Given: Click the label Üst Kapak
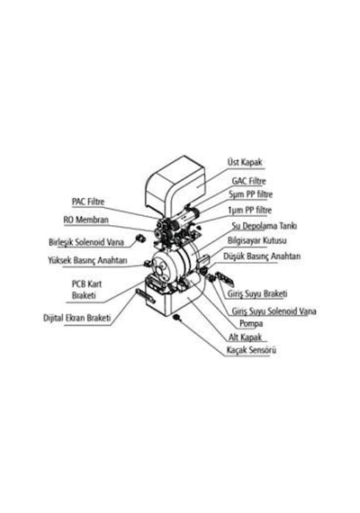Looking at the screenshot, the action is pos(245,162).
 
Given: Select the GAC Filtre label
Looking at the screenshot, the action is pos(248,181).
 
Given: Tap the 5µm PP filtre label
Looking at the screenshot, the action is pos(250,194).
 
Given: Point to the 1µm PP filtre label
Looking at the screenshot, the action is pos(249,210).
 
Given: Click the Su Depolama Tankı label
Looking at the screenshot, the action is pos(265,226).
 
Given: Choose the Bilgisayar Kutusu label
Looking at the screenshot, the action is pos(256,240).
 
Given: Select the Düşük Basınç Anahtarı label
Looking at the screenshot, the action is pos(262,256).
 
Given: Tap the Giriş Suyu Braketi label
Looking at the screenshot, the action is pos(257,293).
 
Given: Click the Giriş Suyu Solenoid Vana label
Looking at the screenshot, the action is pos(274,311).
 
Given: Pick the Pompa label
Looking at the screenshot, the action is pos(251,324).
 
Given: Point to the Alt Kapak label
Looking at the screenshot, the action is pos(245,337).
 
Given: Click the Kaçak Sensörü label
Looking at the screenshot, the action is pos(251,350).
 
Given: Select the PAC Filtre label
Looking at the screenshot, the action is pos(88,202).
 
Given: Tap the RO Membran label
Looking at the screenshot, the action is pos(85,220).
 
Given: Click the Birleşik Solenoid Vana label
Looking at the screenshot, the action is pos(86,242).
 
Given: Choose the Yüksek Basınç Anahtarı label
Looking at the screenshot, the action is pos(87,261).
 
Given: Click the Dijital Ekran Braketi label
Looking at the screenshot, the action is pos(77,318).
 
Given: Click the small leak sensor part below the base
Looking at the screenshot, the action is pos(177,317).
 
